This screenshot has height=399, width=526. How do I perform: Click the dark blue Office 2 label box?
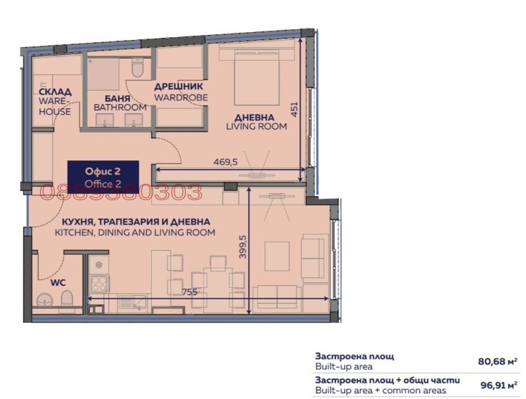(x=103, y=175)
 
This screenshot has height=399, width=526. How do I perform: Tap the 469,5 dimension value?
(x=225, y=162)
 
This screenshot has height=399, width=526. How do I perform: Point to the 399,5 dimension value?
(x=242, y=247)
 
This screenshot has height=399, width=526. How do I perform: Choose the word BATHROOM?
(x=120, y=108)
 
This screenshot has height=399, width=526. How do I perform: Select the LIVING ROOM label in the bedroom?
(x=256, y=127)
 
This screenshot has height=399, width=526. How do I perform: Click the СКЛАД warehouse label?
(x=54, y=93)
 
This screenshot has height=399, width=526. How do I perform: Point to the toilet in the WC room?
(x=66, y=304)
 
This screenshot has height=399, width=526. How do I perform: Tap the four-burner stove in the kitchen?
(x=98, y=284)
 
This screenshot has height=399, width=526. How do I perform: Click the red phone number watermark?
(x=122, y=192)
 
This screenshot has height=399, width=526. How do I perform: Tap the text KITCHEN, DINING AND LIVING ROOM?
(x=135, y=233)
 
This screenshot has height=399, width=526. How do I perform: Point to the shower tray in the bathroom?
(x=105, y=71)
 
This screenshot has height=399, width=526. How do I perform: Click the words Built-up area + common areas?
(x=380, y=390)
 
